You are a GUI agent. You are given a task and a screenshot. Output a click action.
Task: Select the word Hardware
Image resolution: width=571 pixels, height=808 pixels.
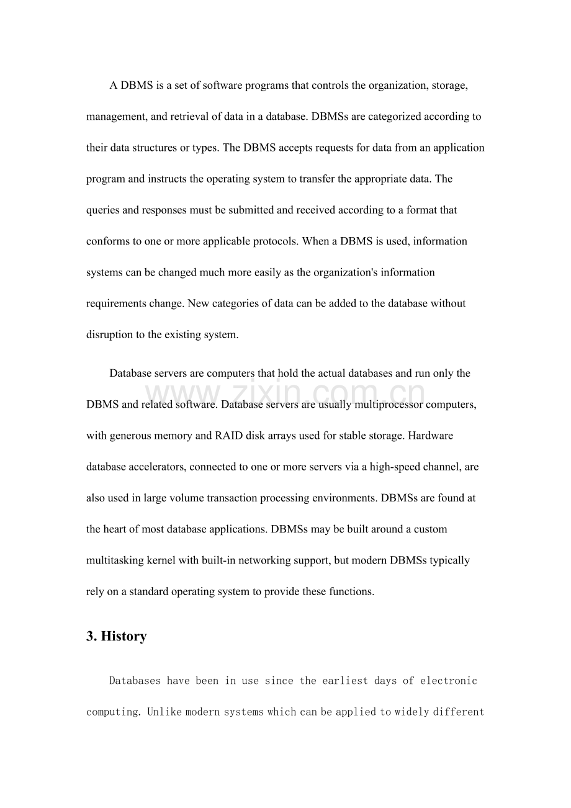tap(429, 436)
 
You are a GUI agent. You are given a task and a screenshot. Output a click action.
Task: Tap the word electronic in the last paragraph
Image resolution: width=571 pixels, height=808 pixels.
tap(449, 681)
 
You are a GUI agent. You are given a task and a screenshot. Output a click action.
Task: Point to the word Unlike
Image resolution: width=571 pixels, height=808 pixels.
tap(162, 712)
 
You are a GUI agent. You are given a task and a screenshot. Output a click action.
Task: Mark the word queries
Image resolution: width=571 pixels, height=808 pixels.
tap(103, 210)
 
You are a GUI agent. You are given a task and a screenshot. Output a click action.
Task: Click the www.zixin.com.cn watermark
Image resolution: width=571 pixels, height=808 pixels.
tap(285, 395)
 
